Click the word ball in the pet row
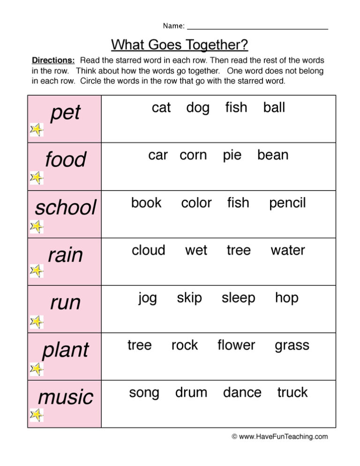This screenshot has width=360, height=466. [x=274, y=108]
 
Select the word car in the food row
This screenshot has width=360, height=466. [x=158, y=155]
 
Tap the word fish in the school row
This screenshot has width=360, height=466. [x=238, y=203]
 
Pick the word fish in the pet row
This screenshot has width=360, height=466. [x=236, y=108]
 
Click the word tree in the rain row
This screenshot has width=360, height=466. [x=239, y=250]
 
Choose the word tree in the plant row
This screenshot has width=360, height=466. [x=140, y=345]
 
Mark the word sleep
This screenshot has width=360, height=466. [x=239, y=298]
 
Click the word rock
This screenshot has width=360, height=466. [x=185, y=345]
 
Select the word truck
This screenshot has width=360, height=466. [x=292, y=392]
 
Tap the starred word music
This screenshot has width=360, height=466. [x=66, y=397]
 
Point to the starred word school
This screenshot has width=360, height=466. [x=65, y=207]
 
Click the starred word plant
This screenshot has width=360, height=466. [x=65, y=350]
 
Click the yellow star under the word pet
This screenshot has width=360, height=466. [x=37, y=130]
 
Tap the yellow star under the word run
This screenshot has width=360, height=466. [x=37, y=321]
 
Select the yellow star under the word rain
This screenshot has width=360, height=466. [x=37, y=271]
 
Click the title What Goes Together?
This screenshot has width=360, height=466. [x=180, y=45]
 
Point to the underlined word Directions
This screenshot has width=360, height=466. [x=53, y=60]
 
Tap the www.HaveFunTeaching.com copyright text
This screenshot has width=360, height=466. [x=280, y=436]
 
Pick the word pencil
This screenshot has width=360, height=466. [x=287, y=203]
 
